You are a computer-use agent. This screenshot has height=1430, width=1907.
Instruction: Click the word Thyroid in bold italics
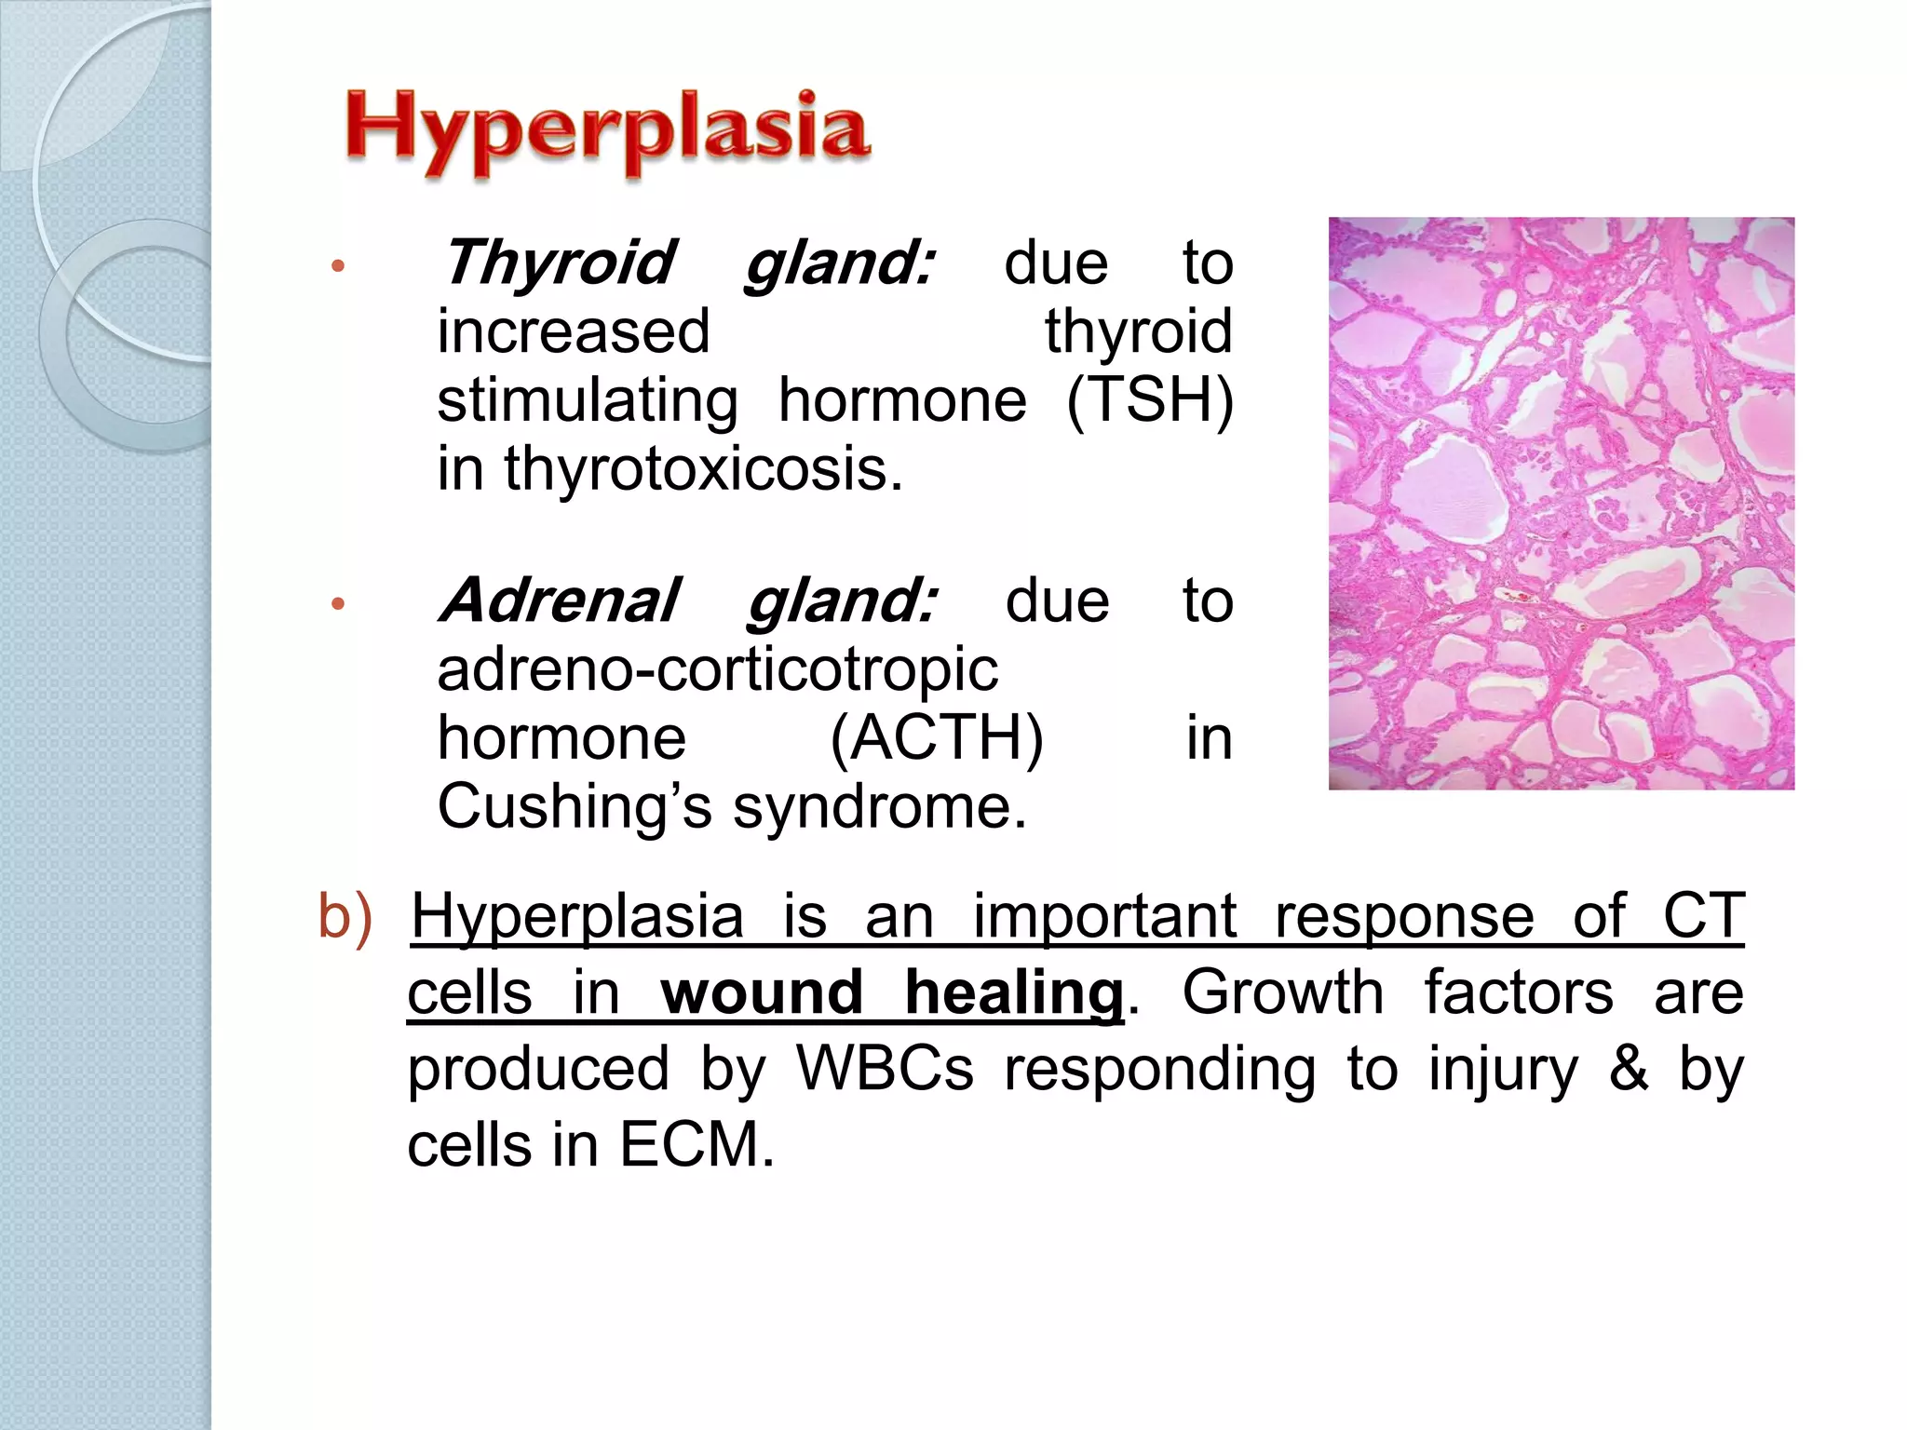coord(559,263)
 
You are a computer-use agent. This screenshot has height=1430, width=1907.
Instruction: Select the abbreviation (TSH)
coord(1149,401)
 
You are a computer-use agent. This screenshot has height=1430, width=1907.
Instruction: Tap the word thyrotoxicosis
coord(703,468)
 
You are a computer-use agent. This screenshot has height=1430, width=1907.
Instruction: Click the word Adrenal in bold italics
coord(561,601)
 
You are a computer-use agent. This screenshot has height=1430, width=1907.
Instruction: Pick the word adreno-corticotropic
coord(717,669)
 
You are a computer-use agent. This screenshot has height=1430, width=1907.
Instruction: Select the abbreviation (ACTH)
coord(937,738)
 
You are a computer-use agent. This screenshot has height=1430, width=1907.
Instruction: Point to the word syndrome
coord(879,807)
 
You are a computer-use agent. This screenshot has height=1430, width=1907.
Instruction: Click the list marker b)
coord(345,916)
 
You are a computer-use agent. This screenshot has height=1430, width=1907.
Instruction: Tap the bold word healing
coord(1014,992)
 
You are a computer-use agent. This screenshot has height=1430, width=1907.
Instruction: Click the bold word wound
coord(762,992)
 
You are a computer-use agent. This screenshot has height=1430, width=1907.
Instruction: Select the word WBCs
coord(885,1069)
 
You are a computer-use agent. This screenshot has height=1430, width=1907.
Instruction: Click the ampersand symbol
coord(1629,1069)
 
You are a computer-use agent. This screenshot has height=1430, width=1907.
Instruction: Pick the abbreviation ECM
coord(696,1145)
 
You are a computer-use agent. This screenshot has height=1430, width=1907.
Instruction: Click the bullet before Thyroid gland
coord(338,267)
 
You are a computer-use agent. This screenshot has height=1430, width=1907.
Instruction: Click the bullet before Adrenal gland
coord(338,604)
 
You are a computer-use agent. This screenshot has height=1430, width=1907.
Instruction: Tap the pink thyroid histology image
coord(1561,504)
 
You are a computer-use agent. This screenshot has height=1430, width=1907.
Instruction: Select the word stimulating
coord(588,401)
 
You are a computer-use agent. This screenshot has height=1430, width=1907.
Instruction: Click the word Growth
coord(1282,992)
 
